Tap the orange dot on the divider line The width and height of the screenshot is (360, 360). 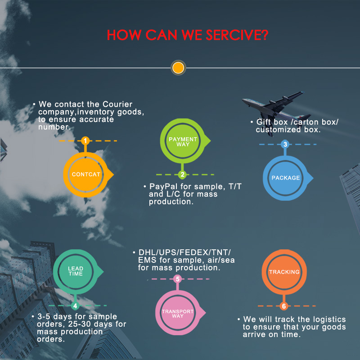[x=178, y=68]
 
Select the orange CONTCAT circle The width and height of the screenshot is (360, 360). [x=85, y=174]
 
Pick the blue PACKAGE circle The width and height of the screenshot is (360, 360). [x=285, y=177]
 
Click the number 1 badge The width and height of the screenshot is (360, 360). [x=85, y=141]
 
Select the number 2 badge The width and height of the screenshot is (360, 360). [x=182, y=175]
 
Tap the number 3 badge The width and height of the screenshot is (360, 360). [x=285, y=144]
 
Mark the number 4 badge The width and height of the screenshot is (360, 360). [x=75, y=306]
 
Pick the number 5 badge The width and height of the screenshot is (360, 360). [x=178, y=279]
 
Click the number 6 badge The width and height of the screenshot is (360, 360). [x=283, y=306]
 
